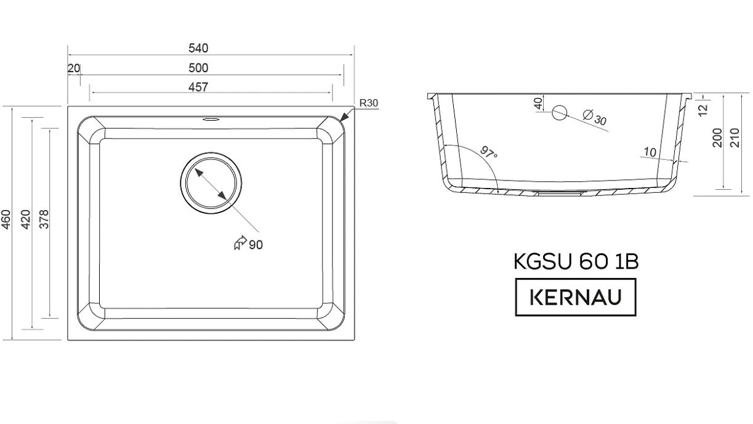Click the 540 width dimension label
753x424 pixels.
[x=198, y=48]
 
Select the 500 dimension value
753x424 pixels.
[x=198, y=68]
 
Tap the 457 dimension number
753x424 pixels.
[x=198, y=87]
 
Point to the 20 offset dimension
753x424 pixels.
[x=74, y=68]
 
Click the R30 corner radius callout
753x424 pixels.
[x=369, y=103]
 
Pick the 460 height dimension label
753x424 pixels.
[x=6, y=220]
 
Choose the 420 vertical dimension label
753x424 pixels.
[x=25, y=220]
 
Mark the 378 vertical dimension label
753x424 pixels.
[x=44, y=219]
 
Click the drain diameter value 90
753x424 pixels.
[x=256, y=245]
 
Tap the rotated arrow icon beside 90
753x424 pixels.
[x=240, y=243]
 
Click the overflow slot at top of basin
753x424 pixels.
[x=211, y=119]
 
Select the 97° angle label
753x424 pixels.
[x=488, y=152]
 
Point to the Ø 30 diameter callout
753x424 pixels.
[x=595, y=117]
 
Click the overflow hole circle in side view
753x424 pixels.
[x=560, y=113]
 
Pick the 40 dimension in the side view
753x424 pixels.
[x=539, y=104]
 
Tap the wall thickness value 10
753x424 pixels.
[x=650, y=152]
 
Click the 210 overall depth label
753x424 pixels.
[x=735, y=137]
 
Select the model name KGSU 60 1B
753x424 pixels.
[x=576, y=261]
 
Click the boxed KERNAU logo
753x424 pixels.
[x=576, y=297]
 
